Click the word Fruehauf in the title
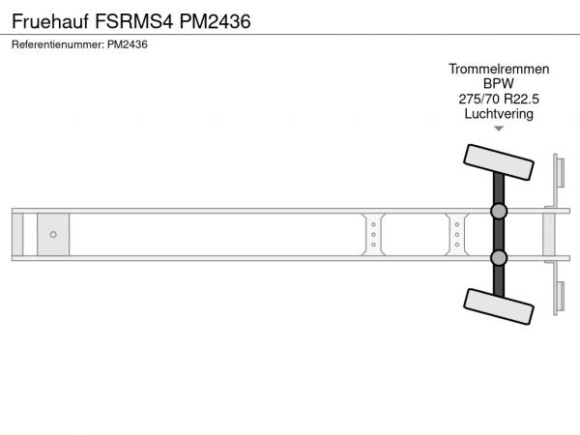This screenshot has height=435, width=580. pyautogui.click(x=50, y=21)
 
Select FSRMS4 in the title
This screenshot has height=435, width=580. pyautogui.click(x=134, y=21)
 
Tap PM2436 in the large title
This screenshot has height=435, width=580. pyautogui.click(x=215, y=21)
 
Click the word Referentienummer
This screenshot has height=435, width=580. pyautogui.click(x=58, y=44)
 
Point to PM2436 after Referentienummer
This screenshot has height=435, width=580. pyautogui.click(x=128, y=44)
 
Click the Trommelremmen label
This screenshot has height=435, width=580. pyautogui.click(x=499, y=69)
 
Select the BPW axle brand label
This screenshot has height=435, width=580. pyautogui.click(x=499, y=83)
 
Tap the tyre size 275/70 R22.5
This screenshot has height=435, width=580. pyautogui.click(x=499, y=99)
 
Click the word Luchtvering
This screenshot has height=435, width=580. pyautogui.click(x=499, y=113)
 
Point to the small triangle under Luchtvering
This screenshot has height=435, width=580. pyautogui.click(x=499, y=129)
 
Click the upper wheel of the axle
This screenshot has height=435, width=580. pyautogui.click(x=499, y=162)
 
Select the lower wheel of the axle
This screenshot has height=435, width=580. pyautogui.click(x=499, y=306)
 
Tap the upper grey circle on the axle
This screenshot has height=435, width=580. pyautogui.click(x=499, y=211)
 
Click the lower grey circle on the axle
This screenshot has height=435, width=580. pyautogui.click(x=499, y=258)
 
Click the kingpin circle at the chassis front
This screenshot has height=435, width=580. pyautogui.click(x=53, y=235)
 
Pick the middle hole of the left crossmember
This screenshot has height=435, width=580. pyautogui.click(x=373, y=235)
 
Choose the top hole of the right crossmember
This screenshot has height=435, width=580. pyautogui.click(x=457, y=224)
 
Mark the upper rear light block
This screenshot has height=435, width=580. pyautogui.click(x=561, y=172)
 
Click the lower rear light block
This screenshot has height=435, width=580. pyautogui.click(x=561, y=297)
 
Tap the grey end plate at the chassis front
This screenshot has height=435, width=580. pyautogui.click(x=17, y=235)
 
